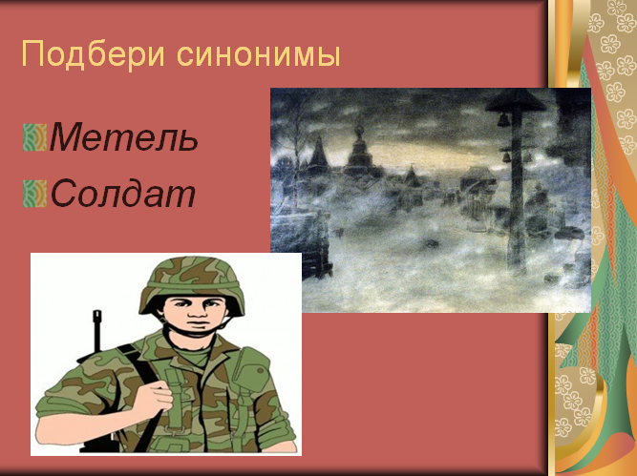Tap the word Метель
click(x=124, y=137)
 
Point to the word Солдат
click(x=123, y=193)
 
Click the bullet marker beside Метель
click(x=35, y=137)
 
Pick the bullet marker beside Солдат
click(x=35, y=194)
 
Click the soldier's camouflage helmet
click(x=192, y=284)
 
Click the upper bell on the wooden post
click(x=503, y=119)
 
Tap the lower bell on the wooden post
click(x=506, y=156)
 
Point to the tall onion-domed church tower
click(x=358, y=146)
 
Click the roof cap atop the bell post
click(x=517, y=100)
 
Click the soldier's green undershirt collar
click(x=195, y=356)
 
